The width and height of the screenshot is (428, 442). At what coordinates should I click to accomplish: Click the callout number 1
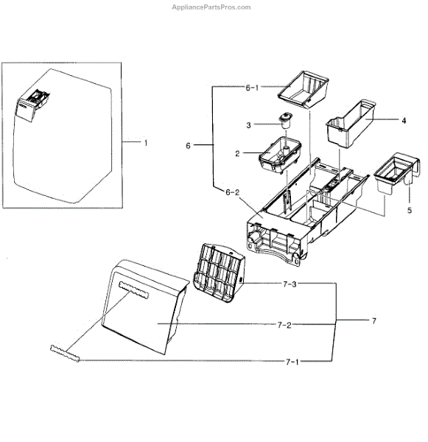pyautogui.click(x=145, y=142)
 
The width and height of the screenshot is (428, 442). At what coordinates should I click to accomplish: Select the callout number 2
pyautogui.click(x=238, y=153)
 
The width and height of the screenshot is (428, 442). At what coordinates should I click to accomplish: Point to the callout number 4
pyautogui.click(x=404, y=119)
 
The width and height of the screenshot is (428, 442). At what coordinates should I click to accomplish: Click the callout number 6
pyautogui.click(x=188, y=146)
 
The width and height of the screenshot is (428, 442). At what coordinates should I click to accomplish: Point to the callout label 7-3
pyautogui.click(x=288, y=284)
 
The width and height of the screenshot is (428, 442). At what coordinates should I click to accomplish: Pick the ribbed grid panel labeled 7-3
pyautogui.click(x=218, y=271)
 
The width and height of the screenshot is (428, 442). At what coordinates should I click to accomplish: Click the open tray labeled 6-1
pyautogui.click(x=304, y=88)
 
